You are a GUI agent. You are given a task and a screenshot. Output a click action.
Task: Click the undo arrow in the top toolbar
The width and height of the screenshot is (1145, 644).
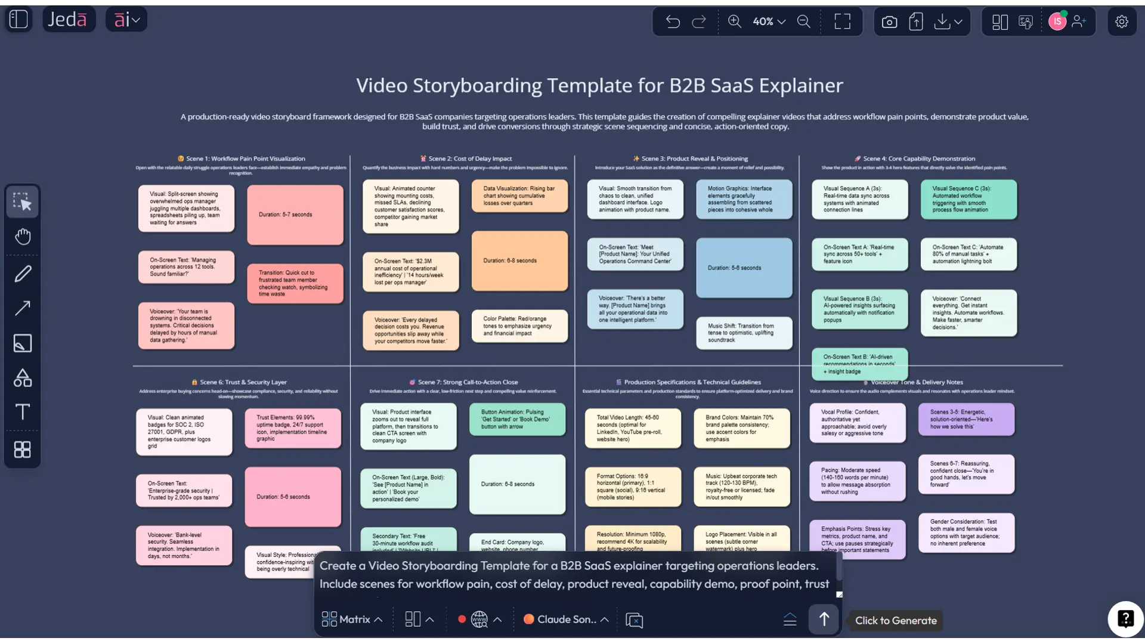click(673, 22)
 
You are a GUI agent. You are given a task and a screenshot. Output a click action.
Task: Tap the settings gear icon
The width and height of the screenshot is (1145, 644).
click(1122, 22)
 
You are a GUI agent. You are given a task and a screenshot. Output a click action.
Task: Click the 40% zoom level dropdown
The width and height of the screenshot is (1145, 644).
click(769, 22)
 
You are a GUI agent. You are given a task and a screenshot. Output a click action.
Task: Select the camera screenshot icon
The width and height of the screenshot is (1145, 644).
click(889, 22)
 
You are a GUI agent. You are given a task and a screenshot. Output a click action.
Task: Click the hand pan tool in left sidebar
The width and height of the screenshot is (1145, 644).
click(23, 237)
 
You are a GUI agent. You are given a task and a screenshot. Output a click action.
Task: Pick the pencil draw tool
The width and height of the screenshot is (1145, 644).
click(23, 274)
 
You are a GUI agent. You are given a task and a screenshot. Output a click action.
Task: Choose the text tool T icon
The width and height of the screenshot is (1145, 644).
click(23, 412)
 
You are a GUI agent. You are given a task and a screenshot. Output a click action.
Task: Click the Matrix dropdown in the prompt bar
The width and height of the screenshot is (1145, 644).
click(352, 620)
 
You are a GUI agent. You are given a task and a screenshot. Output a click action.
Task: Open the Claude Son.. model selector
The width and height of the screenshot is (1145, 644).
click(566, 620)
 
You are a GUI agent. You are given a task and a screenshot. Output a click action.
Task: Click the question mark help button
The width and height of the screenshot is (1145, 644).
click(1125, 619)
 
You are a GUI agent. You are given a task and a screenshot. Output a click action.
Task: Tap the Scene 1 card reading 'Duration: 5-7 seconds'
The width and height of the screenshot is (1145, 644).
click(295, 215)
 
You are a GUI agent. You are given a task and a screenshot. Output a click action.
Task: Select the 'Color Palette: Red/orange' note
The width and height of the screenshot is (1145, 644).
click(519, 326)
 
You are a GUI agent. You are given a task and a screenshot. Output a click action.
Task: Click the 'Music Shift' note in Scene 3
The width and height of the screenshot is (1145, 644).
click(744, 333)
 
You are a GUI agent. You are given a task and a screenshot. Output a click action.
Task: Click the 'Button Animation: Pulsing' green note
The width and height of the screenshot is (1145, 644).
click(516, 419)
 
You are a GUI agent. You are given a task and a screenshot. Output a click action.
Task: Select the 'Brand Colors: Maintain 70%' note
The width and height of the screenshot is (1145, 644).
click(741, 428)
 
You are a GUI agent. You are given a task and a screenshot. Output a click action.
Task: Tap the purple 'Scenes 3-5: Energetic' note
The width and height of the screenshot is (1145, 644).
click(966, 419)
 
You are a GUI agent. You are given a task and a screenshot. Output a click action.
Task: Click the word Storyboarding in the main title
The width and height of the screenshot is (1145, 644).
click(477, 86)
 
